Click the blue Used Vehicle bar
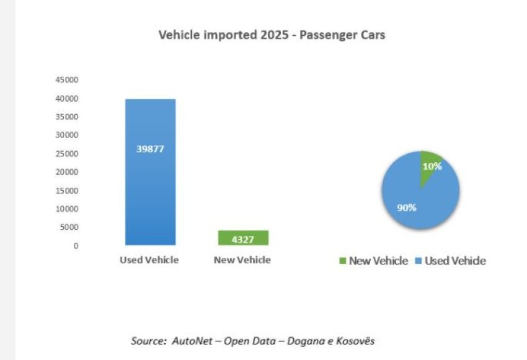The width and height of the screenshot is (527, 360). (150, 186)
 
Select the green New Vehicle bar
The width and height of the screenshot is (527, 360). (242, 237)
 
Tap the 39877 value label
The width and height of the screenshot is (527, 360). (150, 149)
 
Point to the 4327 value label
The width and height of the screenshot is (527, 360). (242, 239)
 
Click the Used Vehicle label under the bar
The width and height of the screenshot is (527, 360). (149, 260)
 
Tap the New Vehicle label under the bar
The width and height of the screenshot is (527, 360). (242, 260)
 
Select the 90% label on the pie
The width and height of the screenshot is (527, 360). (407, 208)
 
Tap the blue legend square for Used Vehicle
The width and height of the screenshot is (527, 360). (418, 261)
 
